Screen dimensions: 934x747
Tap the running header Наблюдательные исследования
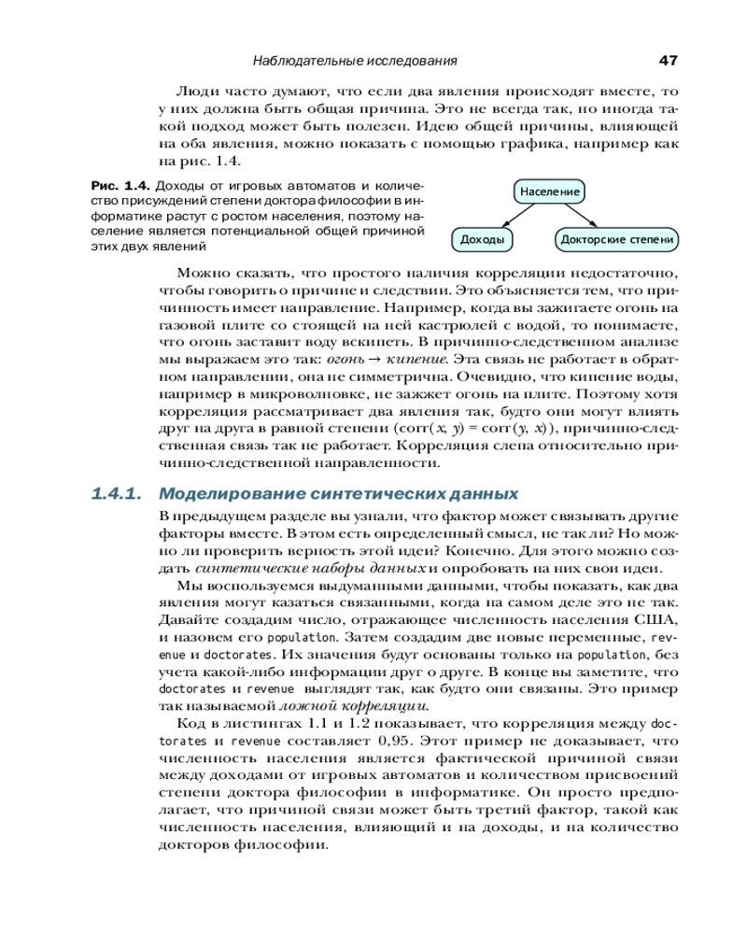[x=355, y=62]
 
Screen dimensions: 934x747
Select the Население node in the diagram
[x=550, y=191]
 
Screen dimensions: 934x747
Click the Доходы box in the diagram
[x=483, y=240]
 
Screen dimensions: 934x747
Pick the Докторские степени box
[x=616, y=240]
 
